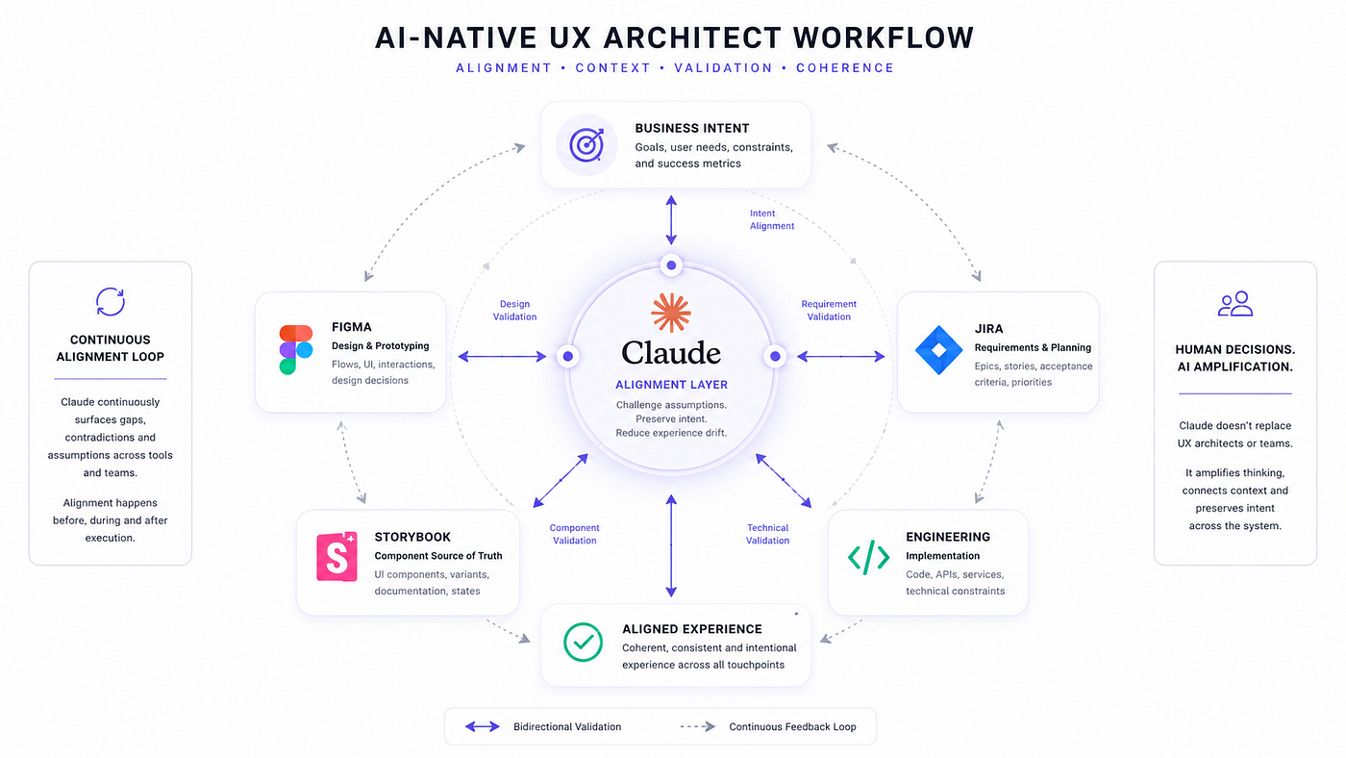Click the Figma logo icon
point(296,350)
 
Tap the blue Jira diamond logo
point(938,350)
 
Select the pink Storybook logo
point(337,556)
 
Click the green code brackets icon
point(868,558)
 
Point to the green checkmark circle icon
point(583,642)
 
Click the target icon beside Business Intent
point(586,145)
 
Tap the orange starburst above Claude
point(671,313)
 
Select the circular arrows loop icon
point(111,301)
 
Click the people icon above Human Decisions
point(1235,304)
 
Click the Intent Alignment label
point(771,219)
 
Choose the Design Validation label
point(515,310)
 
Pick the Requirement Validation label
point(829,310)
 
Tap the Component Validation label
point(575,534)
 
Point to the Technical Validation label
point(767,534)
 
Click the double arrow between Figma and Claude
point(502,357)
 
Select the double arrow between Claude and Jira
point(840,357)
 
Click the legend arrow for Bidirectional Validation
point(483,727)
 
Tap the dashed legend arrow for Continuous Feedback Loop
point(698,727)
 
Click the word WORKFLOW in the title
point(884,38)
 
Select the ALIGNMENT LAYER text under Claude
point(671,385)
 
